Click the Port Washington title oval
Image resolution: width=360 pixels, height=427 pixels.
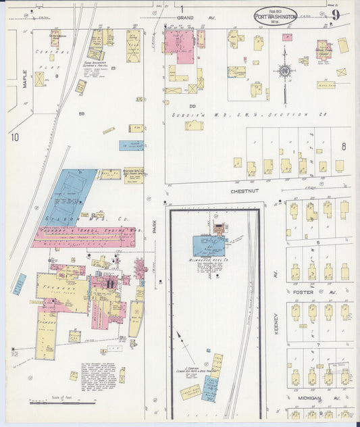pyautogui.click(x=275, y=16)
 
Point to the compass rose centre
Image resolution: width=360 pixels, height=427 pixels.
pyautogui.click(x=286, y=71)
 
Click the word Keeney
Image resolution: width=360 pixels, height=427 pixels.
pyautogui.click(x=276, y=318)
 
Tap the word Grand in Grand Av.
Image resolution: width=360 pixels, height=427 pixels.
pyautogui.click(x=186, y=17)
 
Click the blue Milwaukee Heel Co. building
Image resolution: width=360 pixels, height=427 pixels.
pyautogui.click(x=209, y=245)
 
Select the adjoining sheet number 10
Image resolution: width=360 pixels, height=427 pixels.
pyautogui.click(x=14, y=137)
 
